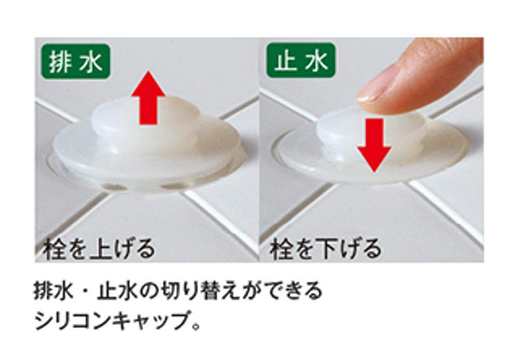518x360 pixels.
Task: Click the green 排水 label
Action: point(76,61)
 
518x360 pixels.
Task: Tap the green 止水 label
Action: point(301,60)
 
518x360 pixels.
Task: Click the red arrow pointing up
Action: point(148,98)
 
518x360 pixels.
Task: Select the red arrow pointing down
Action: point(374,145)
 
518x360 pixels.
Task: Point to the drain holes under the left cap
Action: point(145,187)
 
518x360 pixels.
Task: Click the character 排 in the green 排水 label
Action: point(60,61)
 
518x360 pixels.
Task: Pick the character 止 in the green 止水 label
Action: point(285,61)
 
